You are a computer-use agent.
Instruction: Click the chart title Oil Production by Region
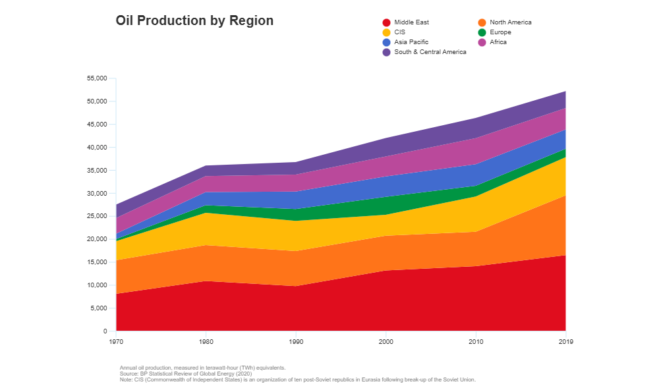[194, 20]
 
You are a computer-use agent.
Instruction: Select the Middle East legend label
[411, 22]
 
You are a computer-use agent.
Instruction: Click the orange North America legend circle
[482, 22]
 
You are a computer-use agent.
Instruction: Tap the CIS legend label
[399, 32]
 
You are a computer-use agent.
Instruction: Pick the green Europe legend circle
[482, 32]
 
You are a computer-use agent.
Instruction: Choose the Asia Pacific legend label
[411, 42]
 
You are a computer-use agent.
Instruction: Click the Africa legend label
[498, 42]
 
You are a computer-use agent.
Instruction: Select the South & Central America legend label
[430, 52]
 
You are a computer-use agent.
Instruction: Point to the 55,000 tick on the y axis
[96, 78]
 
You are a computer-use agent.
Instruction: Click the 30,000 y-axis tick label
[96, 194]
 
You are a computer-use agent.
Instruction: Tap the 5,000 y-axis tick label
[98, 308]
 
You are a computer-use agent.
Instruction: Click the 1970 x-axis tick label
[115, 342]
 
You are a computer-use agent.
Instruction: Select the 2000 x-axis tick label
[386, 342]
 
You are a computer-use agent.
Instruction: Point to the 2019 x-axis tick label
[565, 342]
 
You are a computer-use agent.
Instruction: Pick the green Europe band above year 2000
[386, 205]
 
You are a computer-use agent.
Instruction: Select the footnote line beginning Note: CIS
[297, 380]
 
